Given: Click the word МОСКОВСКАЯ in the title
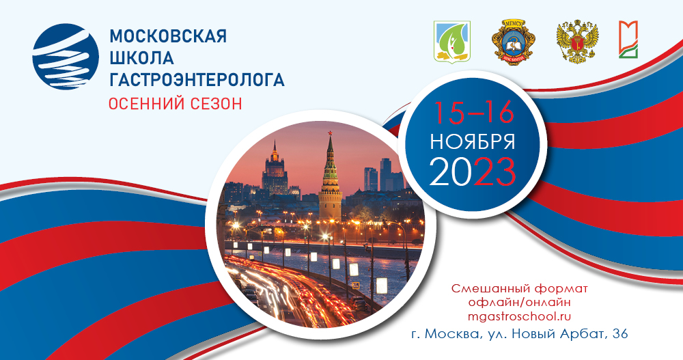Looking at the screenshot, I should pyautogui.click(x=167, y=36).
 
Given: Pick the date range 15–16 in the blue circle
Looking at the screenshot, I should pyautogui.click(x=471, y=111).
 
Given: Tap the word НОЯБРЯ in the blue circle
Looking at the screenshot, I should pyautogui.click(x=472, y=141).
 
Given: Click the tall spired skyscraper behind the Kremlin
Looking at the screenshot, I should pyautogui.click(x=275, y=167).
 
